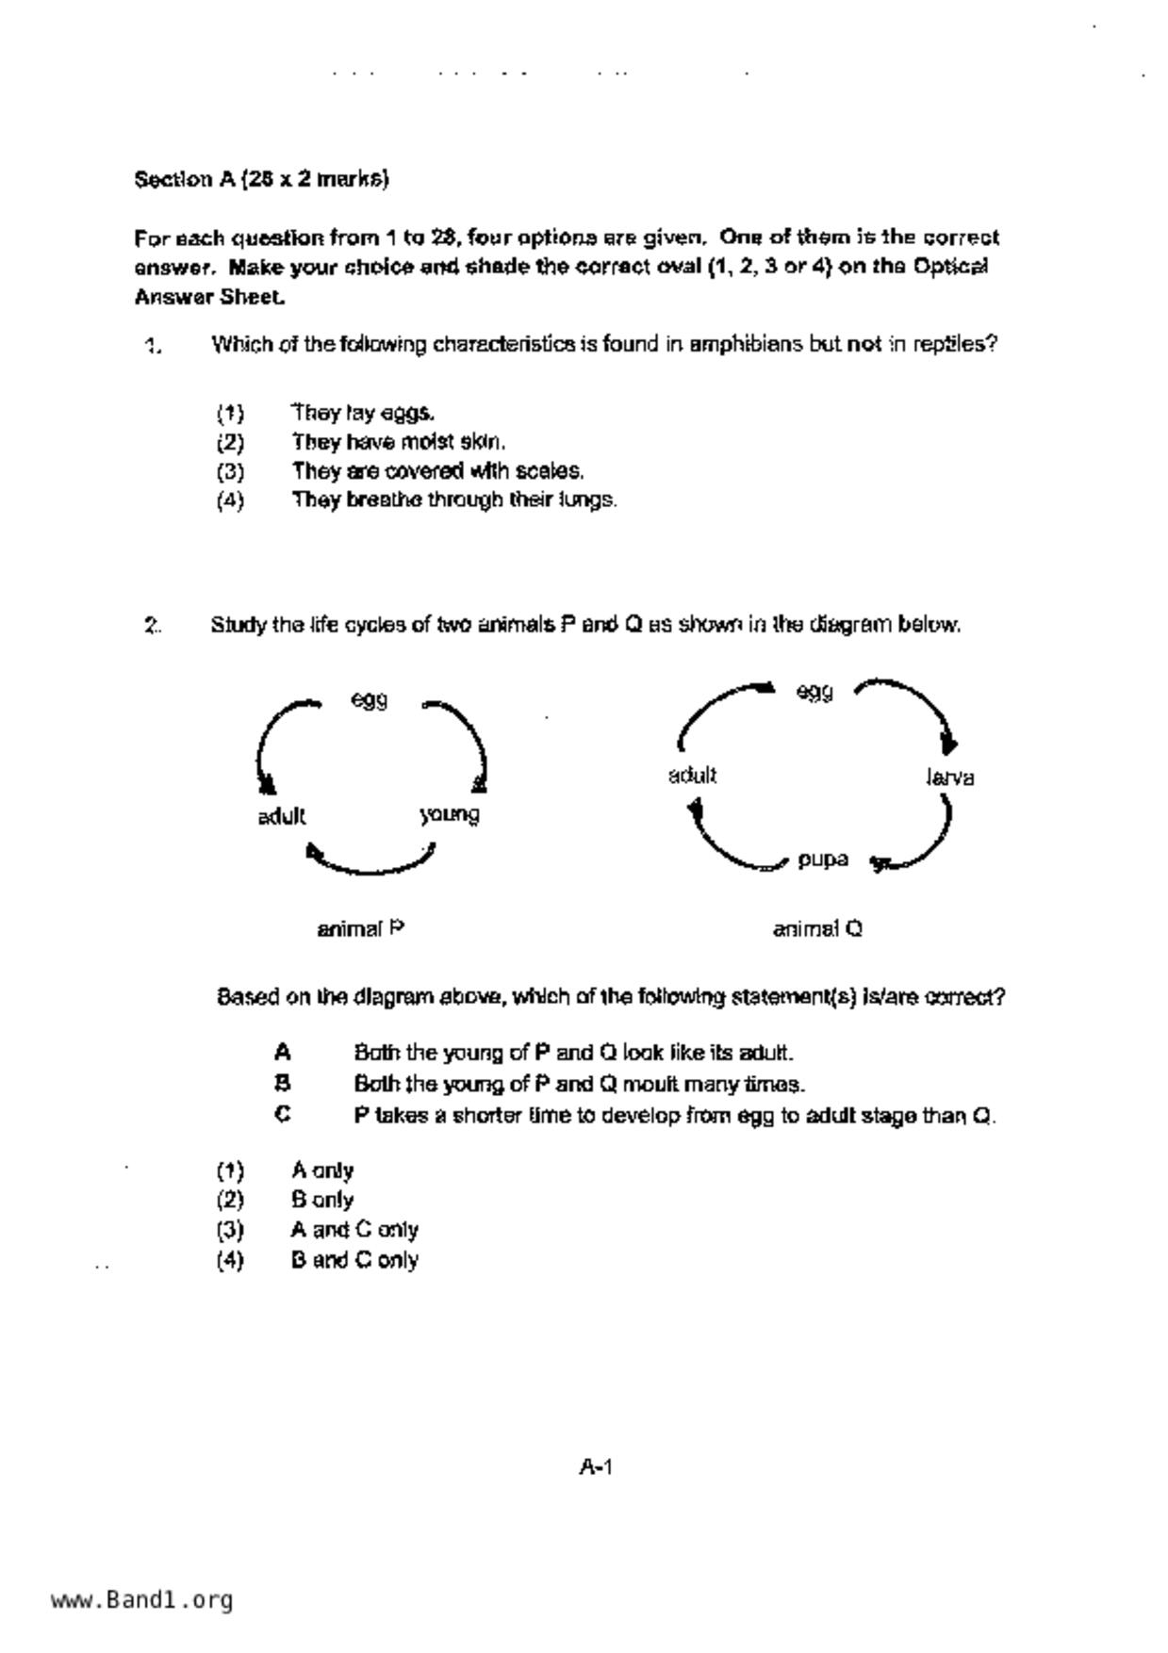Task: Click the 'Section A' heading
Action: pyautogui.click(x=261, y=179)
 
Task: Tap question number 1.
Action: pyautogui.click(x=153, y=346)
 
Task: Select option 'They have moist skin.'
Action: pyautogui.click(x=398, y=442)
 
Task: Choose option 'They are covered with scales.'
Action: pyautogui.click(x=437, y=470)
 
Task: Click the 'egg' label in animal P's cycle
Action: pyautogui.click(x=369, y=700)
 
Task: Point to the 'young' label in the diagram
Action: pyautogui.click(x=450, y=814)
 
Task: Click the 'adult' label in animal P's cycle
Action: pyautogui.click(x=281, y=816)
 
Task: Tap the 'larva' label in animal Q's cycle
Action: pyautogui.click(x=949, y=777)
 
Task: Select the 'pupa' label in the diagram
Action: pyautogui.click(x=822, y=859)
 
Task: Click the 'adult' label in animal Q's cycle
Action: pyautogui.click(x=692, y=776)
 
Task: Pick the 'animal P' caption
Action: pyautogui.click(x=361, y=929)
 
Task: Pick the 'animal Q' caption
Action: pyautogui.click(x=817, y=929)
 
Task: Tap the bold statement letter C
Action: pyautogui.click(x=282, y=1115)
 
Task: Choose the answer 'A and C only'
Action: pyautogui.click(x=354, y=1230)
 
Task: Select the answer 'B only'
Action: pyautogui.click(x=322, y=1200)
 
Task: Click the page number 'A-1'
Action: pyautogui.click(x=596, y=1466)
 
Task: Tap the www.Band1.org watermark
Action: pyautogui.click(x=141, y=1600)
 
